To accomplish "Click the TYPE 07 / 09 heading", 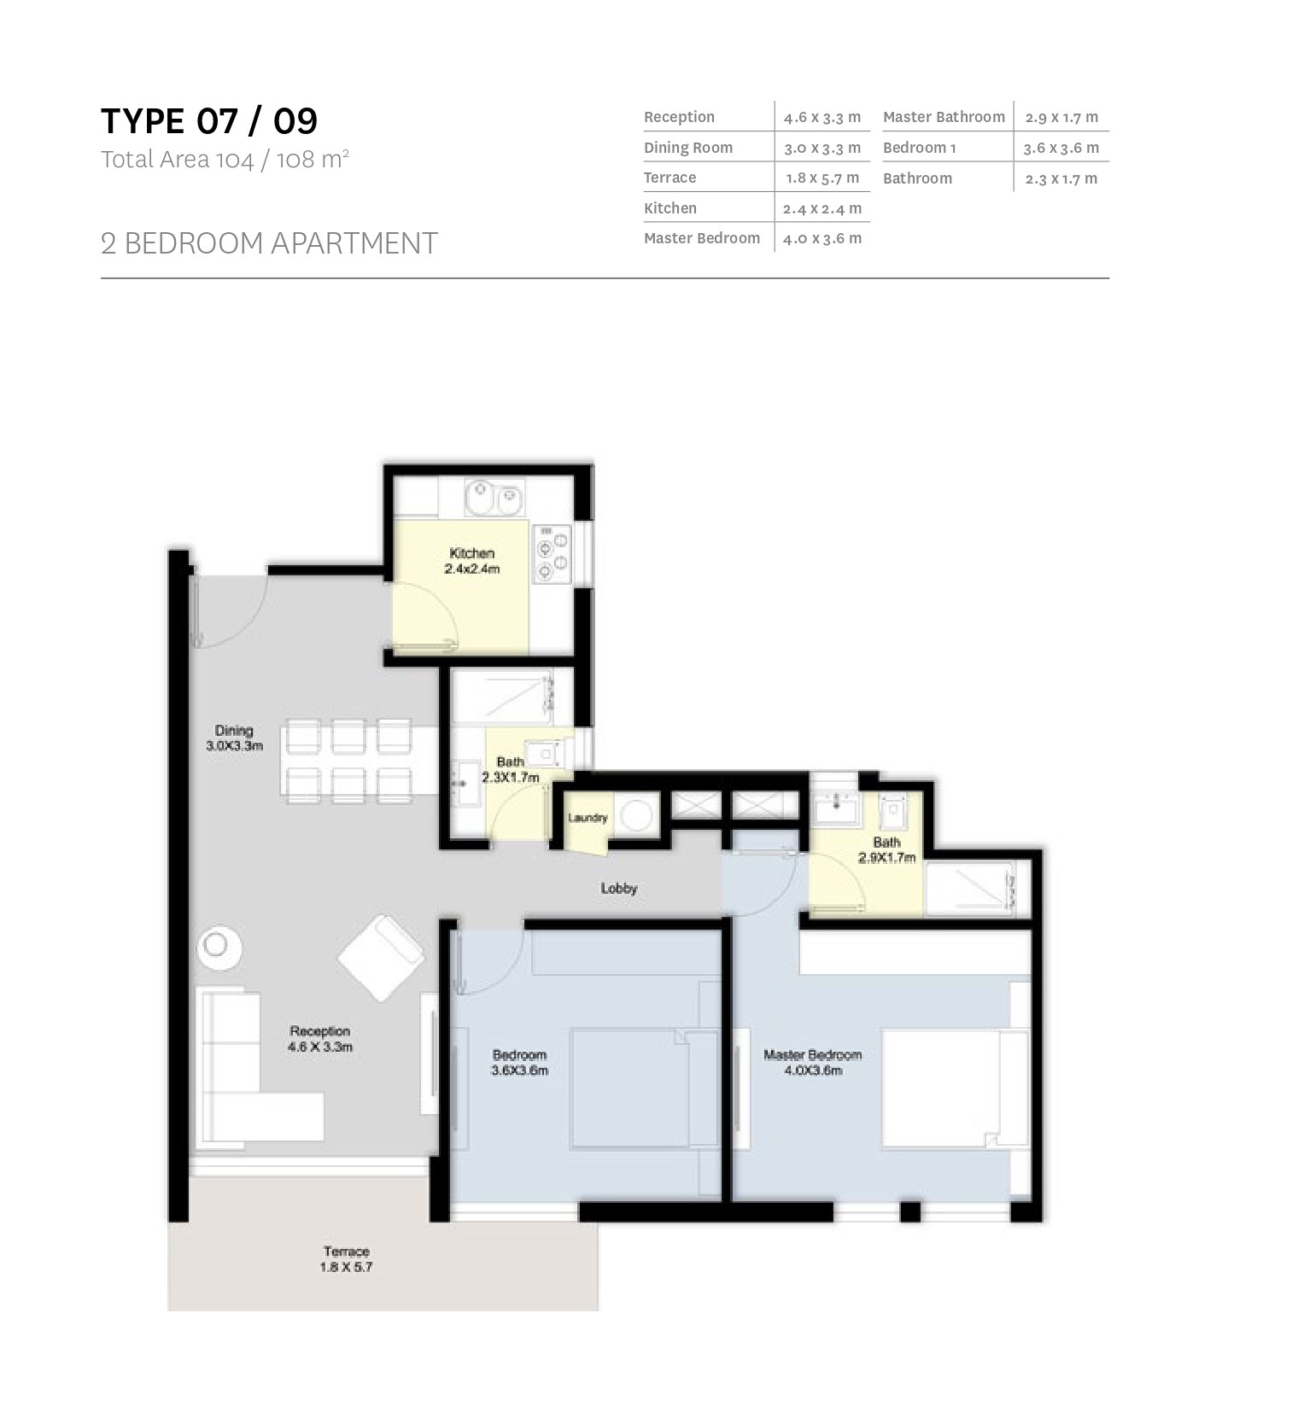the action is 209,121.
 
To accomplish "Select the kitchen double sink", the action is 494,499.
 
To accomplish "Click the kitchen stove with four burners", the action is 552,553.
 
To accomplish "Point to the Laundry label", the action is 588,818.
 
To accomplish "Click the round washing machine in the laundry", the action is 635,814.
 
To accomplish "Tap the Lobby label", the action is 619,889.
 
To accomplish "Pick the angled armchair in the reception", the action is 381,957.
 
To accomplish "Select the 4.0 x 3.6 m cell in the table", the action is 822,239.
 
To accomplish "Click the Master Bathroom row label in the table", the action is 944,117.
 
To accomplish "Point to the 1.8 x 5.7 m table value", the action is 822,178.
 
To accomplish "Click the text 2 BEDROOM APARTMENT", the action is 269,243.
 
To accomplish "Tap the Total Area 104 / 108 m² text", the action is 225,160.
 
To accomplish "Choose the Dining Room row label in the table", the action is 688,148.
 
